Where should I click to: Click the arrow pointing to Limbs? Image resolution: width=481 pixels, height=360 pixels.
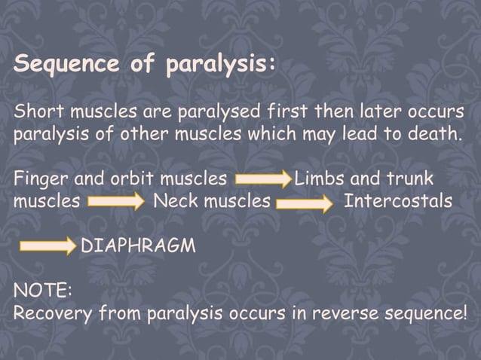click(x=263, y=181)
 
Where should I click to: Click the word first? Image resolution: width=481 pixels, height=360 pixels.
click(x=286, y=114)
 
